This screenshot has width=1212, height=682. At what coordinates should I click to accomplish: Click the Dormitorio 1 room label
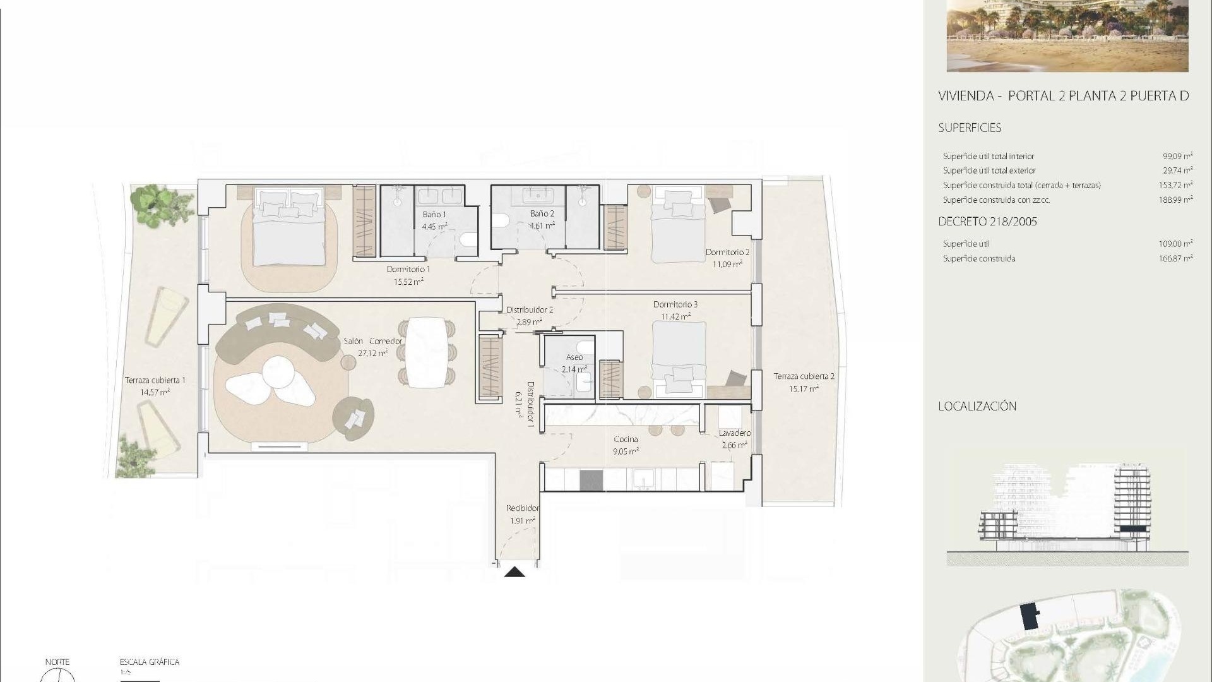pos(408,270)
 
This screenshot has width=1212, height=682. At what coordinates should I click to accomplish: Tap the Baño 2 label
pos(542,214)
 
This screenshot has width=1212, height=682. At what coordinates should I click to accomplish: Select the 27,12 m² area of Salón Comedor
pos(372,354)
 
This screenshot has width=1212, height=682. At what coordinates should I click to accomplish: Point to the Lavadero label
pos(735,433)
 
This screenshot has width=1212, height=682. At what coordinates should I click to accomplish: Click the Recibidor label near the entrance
pos(523,508)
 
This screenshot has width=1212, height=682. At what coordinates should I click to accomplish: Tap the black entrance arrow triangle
pos(515,572)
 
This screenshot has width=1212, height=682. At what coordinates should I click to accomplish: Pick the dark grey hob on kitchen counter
pos(591,481)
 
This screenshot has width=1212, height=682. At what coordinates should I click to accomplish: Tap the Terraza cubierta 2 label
pos(804,376)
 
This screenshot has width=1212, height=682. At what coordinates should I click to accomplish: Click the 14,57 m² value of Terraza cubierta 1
pos(155,392)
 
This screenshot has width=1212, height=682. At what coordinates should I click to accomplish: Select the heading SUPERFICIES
pos(970,128)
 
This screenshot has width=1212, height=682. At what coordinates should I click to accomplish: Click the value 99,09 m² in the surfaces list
pos(1178,156)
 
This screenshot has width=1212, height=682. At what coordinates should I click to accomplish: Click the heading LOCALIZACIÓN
pos(977,406)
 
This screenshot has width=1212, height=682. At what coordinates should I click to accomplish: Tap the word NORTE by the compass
pos(57,662)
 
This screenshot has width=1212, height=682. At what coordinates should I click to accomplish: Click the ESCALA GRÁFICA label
pos(150,662)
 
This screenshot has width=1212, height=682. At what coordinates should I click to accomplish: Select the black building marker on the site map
pos(1030,616)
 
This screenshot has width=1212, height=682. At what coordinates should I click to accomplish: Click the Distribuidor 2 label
pos(530,310)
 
